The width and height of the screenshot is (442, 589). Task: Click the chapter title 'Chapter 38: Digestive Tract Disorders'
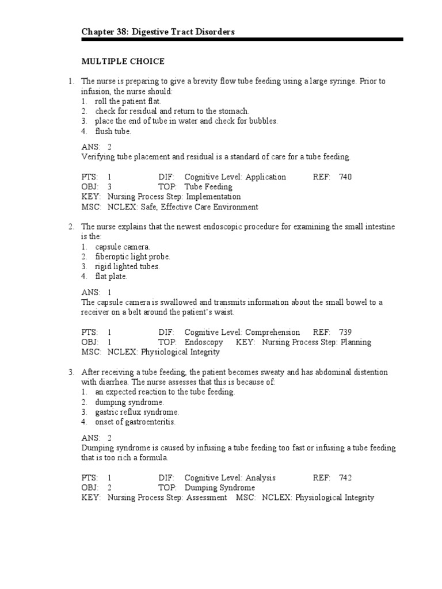pos(158,32)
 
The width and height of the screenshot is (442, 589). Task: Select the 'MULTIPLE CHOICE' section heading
pos(123,61)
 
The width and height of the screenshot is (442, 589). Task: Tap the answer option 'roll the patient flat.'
pos(124,101)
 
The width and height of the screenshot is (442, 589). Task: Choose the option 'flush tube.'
pos(113,131)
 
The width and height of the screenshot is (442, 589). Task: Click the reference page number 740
pos(345,177)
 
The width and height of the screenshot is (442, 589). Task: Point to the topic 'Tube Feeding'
pos(208,187)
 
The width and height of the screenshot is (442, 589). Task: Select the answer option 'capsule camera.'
pos(123,247)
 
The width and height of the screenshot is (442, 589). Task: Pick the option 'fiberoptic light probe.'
pos(133,257)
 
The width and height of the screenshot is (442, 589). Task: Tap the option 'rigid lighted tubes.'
pos(128,266)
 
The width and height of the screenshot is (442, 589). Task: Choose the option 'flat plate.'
pos(112,276)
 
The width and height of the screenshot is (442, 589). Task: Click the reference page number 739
pos(345,332)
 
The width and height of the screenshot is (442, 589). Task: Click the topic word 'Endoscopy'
pos(205,342)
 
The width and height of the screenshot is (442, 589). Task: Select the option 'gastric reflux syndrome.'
pos(137,412)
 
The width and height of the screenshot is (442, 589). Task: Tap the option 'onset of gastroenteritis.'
pos(135,422)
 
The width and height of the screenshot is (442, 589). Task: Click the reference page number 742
pos(345,477)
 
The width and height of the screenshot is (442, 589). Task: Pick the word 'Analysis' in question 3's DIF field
pos(261,477)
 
